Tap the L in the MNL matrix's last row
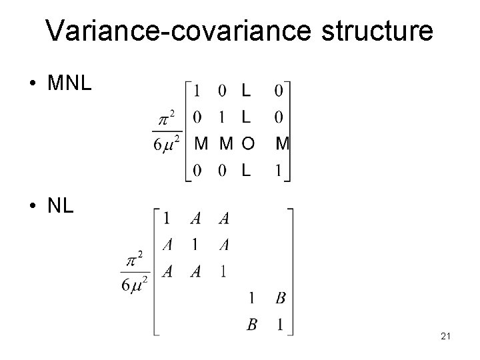pos(246,171)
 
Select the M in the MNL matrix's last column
pos(282,144)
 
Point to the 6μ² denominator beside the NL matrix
pos(136,282)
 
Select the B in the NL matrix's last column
pos(280,298)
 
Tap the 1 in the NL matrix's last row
pos(280,325)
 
